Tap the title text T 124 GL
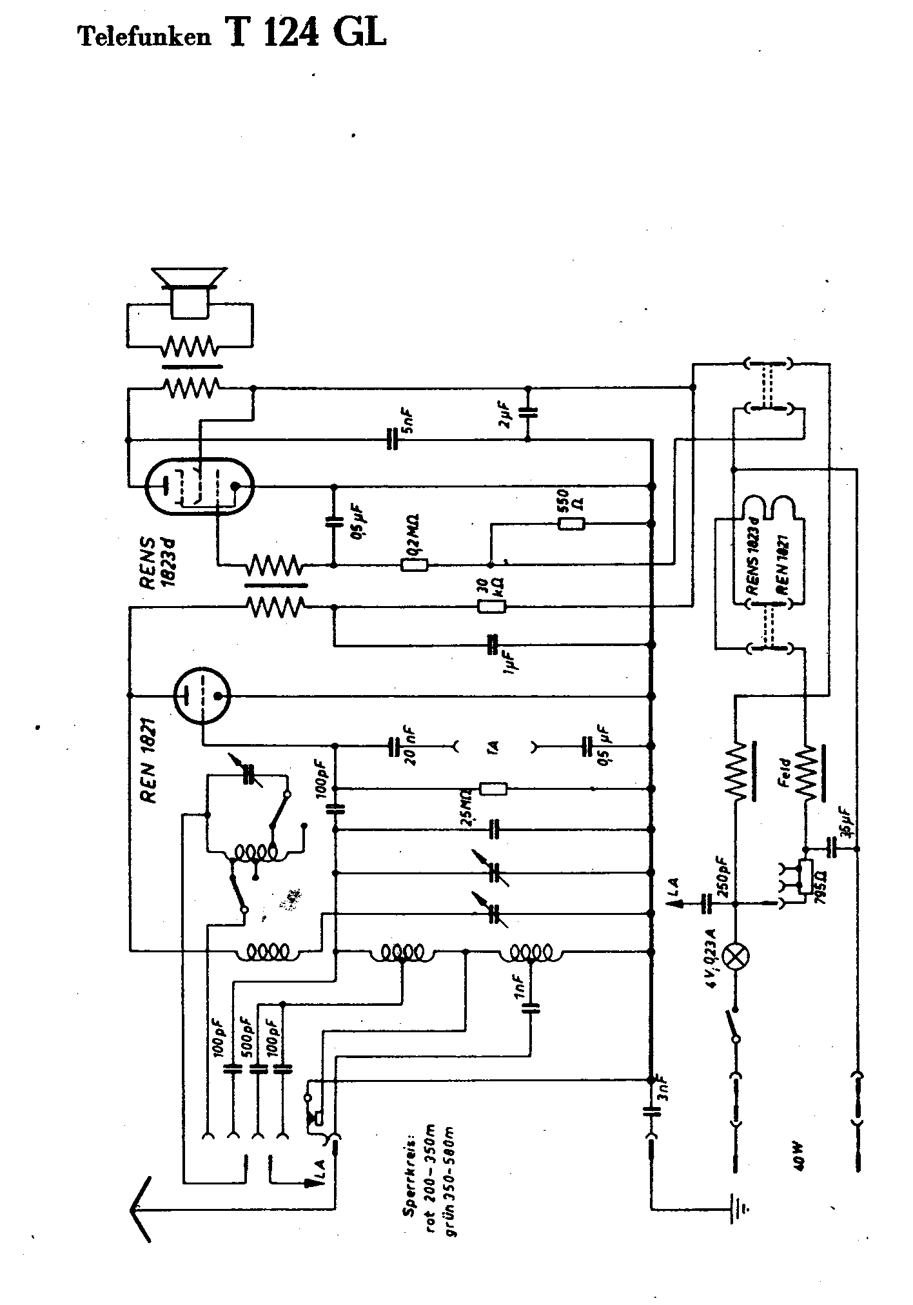(306, 33)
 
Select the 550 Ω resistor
(571, 524)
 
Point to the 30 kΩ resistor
(492, 606)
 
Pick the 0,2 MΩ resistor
(415, 565)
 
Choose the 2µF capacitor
(529, 413)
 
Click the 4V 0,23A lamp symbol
(734, 956)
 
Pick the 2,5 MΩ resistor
(493, 789)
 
